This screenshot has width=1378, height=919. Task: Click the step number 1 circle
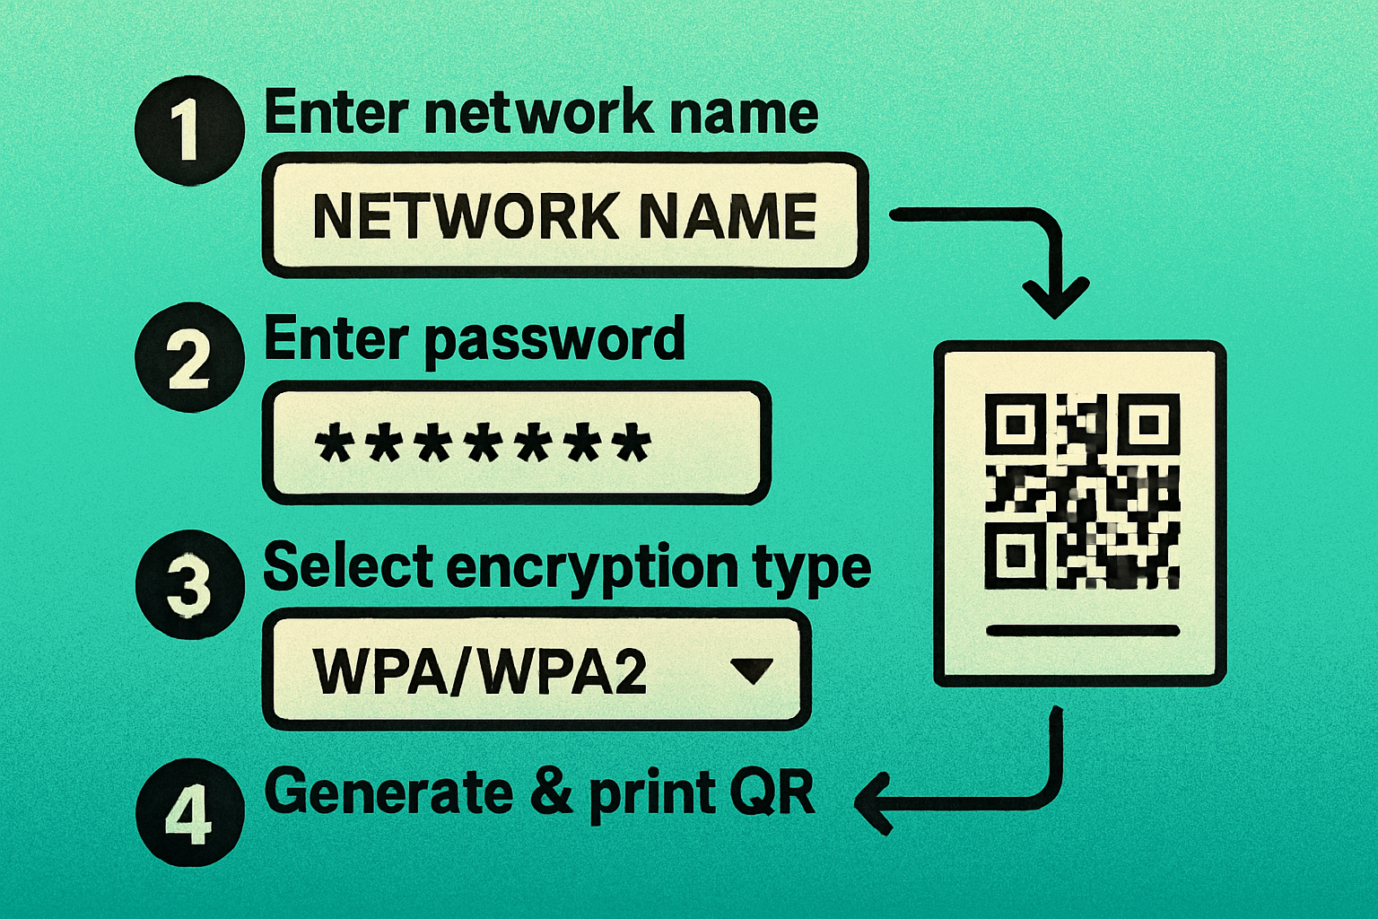click(x=188, y=131)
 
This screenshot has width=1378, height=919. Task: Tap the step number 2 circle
click(x=188, y=358)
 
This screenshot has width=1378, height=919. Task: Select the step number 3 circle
click(x=188, y=585)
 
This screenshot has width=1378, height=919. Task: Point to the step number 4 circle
click(x=188, y=813)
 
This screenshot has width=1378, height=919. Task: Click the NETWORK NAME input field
click(x=565, y=215)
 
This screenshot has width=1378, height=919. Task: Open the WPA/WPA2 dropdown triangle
click(x=751, y=670)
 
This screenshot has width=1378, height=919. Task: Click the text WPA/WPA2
click(x=480, y=670)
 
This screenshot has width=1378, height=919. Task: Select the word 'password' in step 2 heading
click(x=554, y=341)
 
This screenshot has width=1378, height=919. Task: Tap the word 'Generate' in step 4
click(x=388, y=792)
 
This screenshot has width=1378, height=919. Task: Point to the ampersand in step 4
click(x=551, y=792)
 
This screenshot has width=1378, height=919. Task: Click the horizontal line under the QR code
click(x=1081, y=631)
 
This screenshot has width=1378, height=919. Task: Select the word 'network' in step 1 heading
click(x=539, y=114)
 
